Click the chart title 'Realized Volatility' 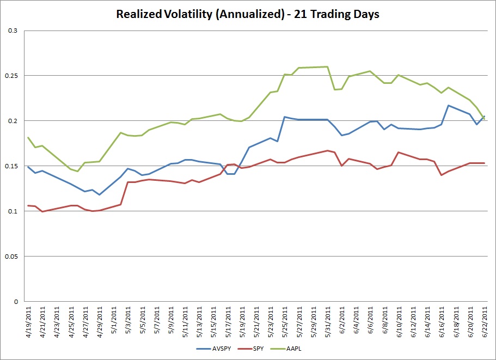pos(164,14)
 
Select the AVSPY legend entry pos(214,349)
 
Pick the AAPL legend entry pos(286,349)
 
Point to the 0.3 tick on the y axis pos(13,30)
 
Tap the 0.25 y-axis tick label pos(11,76)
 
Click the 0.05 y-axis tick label pos(11,257)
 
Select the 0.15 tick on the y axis pos(11,166)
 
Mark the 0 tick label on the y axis pos(16,302)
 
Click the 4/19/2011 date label pos(29,322)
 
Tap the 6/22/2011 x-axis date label pos(485,322)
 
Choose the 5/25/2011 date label pos(285,322)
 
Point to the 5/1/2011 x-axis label pos(114,320)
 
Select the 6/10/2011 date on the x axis pos(399,322)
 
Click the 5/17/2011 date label pos(228,322)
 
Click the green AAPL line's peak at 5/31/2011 pos(327,67)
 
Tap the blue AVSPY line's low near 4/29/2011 pos(99,194)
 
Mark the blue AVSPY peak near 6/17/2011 pos(448,105)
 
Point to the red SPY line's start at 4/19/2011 pos(28,206)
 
